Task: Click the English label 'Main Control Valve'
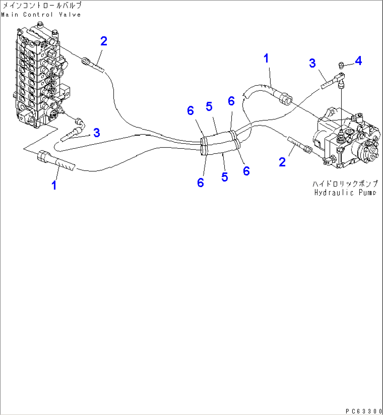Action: (41, 14)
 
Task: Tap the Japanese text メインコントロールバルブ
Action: (41, 6)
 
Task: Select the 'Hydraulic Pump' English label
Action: (345, 192)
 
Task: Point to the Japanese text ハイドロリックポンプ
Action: (345, 184)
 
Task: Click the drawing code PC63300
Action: (363, 411)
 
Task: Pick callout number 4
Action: (358, 61)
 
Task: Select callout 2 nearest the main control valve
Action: (103, 41)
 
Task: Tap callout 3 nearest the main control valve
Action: (96, 133)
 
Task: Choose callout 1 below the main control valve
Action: (54, 185)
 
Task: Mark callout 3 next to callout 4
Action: (312, 63)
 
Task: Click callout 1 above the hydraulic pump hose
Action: (266, 58)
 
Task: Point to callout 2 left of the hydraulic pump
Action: (282, 162)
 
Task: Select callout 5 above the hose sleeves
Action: (209, 107)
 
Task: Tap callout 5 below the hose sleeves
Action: (225, 177)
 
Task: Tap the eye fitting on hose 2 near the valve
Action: (85, 61)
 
